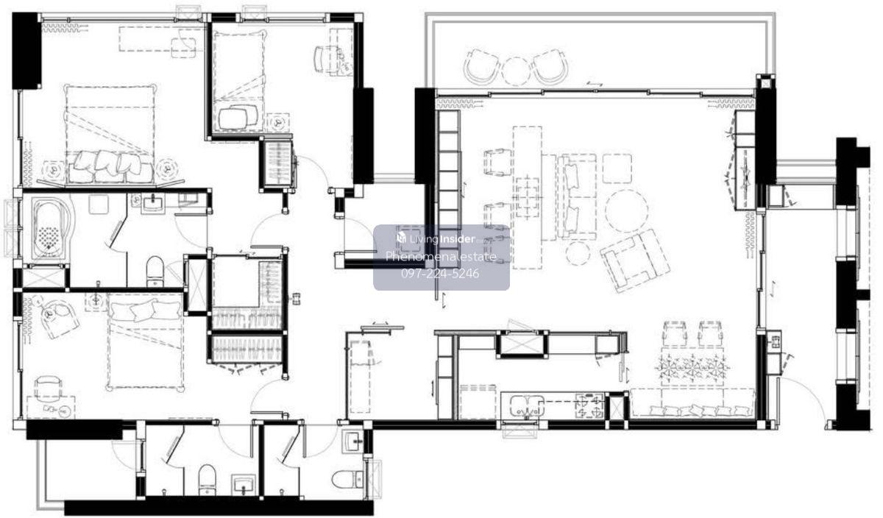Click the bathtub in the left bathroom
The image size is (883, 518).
pos(52,229)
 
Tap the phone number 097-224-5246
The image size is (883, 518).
pos(440,273)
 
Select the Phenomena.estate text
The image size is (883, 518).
pos(441,257)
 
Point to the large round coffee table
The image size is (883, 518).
pos(626,211)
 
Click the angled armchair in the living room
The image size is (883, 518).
pos(635,260)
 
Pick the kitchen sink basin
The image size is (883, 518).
pos(527,406)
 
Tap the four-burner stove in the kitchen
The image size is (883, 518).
pos(589,405)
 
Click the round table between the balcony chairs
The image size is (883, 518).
pos(516,71)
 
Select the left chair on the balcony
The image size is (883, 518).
pos(482,67)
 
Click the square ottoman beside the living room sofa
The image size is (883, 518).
pos(617,168)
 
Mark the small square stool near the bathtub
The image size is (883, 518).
pos(99,205)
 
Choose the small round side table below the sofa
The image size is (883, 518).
pos(577,253)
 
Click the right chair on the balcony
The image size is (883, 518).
pos(550,67)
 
